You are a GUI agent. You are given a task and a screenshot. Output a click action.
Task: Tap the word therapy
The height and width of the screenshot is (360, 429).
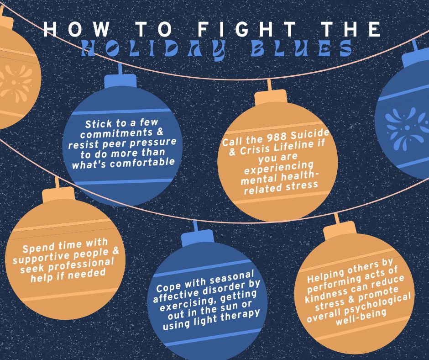(240, 315)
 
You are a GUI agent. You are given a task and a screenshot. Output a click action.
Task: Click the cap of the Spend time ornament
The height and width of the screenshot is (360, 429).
(58, 195)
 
